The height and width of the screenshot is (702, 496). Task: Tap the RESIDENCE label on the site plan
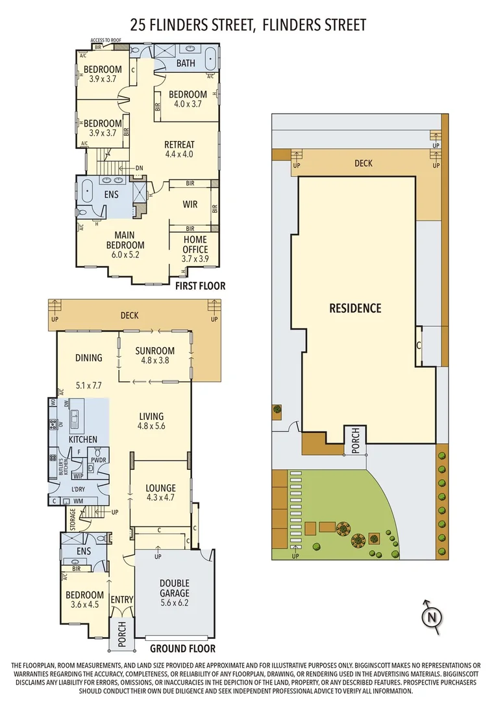click(x=355, y=308)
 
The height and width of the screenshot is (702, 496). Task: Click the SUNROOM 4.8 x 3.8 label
click(x=155, y=355)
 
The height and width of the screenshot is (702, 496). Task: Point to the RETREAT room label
click(x=179, y=149)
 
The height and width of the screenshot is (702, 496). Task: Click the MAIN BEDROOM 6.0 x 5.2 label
click(x=125, y=245)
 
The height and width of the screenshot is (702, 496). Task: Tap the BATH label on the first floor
click(x=186, y=64)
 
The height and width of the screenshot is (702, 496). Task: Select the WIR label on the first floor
click(x=190, y=204)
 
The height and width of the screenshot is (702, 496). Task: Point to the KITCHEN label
click(x=82, y=439)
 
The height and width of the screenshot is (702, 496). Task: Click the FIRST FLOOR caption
click(x=200, y=285)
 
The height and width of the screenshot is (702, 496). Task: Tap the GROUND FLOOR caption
click(x=182, y=648)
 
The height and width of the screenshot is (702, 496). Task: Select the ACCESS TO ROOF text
click(x=106, y=40)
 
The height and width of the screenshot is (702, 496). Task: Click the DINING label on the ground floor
click(x=88, y=357)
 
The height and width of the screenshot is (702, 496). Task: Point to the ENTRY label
click(x=121, y=599)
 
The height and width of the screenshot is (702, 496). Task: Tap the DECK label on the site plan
click(x=364, y=163)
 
